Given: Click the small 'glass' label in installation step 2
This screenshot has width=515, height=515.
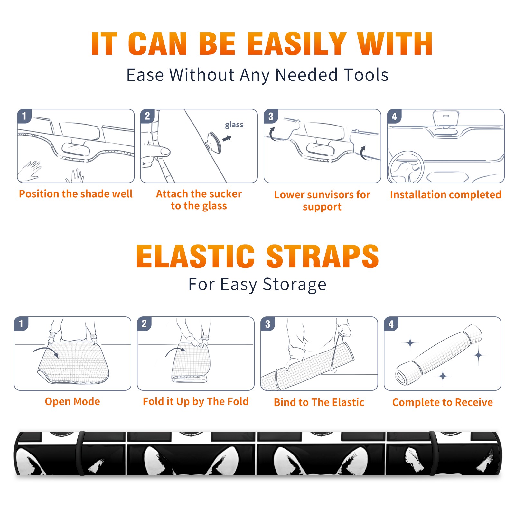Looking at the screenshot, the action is point(234,125).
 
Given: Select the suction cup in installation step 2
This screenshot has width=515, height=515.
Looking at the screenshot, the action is point(214,142).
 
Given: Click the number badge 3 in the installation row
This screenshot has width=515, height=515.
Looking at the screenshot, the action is point(271,116).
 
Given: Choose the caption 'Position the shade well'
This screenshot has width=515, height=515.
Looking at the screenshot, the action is point(76,194).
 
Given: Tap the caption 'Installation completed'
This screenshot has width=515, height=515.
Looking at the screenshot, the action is point(445,194).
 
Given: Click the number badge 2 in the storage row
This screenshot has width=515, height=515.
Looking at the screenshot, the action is point(144,323).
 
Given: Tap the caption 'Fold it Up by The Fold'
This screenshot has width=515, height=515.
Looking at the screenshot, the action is point(196,401).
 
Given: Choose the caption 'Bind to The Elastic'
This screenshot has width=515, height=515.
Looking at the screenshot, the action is point(319,402).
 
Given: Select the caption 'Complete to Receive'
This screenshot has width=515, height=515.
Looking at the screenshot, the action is point(443,402).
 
